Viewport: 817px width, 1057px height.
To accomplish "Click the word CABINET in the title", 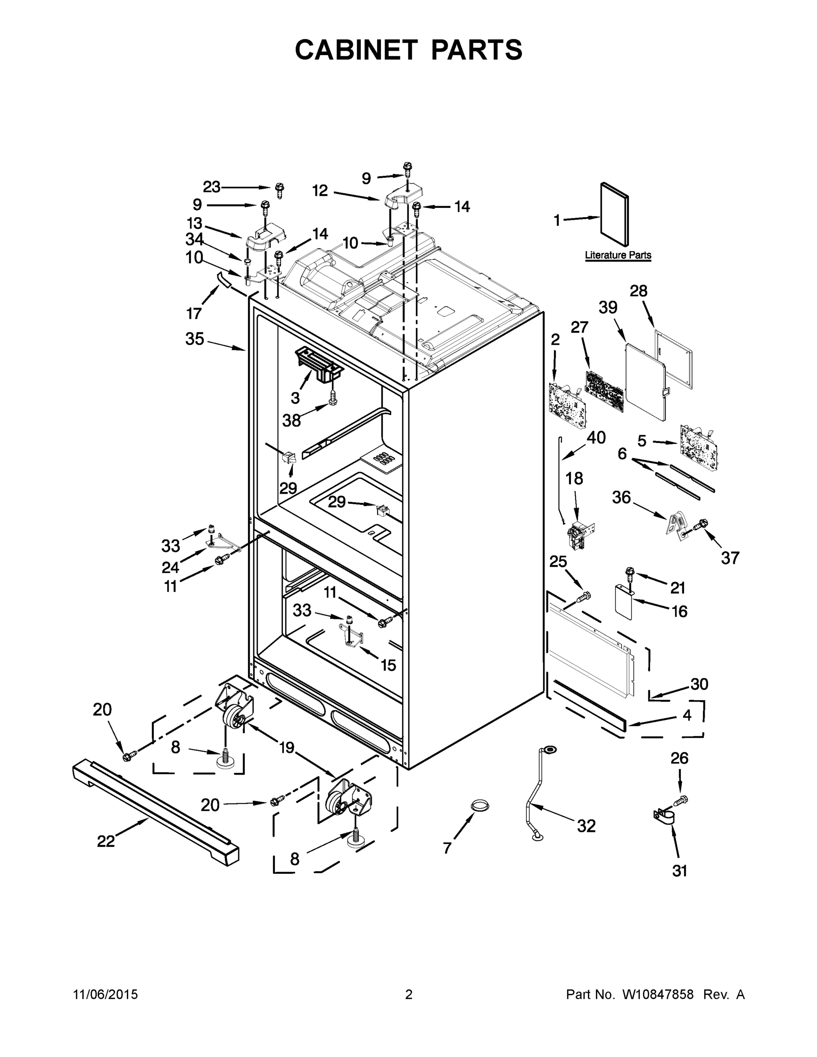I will click(356, 49).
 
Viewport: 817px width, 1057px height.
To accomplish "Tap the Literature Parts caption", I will click(617, 255).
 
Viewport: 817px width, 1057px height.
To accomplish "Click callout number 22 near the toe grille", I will click(106, 841).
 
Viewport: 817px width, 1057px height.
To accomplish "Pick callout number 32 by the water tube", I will click(586, 826).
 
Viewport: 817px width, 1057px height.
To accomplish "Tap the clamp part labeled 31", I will click(664, 818).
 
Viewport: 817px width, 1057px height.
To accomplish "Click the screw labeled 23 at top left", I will click(279, 189).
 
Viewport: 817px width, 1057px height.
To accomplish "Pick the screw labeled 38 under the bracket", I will click(333, 397).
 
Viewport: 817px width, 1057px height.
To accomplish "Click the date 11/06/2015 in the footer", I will click(106, 994).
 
